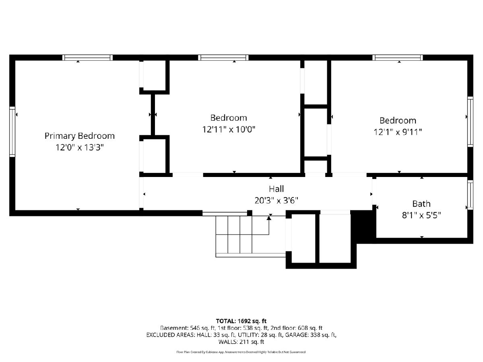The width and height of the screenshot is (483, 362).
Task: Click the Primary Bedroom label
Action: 79,136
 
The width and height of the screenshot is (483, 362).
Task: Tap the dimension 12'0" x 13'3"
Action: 79,147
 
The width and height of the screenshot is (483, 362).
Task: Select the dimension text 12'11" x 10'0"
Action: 229,129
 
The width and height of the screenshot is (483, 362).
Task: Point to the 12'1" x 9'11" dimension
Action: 398,132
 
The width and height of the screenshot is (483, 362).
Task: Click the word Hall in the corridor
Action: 277,189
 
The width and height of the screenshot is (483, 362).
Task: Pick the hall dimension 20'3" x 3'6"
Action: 277,200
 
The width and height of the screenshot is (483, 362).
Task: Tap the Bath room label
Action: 421,204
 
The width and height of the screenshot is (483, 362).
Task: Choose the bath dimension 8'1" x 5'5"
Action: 421,215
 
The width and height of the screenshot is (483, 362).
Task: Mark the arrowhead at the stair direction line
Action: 269,218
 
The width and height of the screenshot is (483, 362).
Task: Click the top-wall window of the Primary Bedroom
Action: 88,58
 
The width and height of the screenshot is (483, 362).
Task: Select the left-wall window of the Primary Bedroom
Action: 12,132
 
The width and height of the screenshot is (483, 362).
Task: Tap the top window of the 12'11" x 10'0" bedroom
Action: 223,58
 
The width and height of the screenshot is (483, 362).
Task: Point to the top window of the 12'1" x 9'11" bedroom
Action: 398,58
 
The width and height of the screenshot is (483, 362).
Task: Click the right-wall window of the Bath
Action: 470,195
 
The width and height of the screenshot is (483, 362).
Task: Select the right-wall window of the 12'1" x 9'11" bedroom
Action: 470,121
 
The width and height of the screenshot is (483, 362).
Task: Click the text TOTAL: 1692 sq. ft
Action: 241,321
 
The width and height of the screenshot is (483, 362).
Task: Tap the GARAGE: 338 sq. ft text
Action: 311,335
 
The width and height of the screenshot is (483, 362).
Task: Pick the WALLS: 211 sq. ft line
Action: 241,342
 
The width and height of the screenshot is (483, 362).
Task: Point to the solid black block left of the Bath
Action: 363,226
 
